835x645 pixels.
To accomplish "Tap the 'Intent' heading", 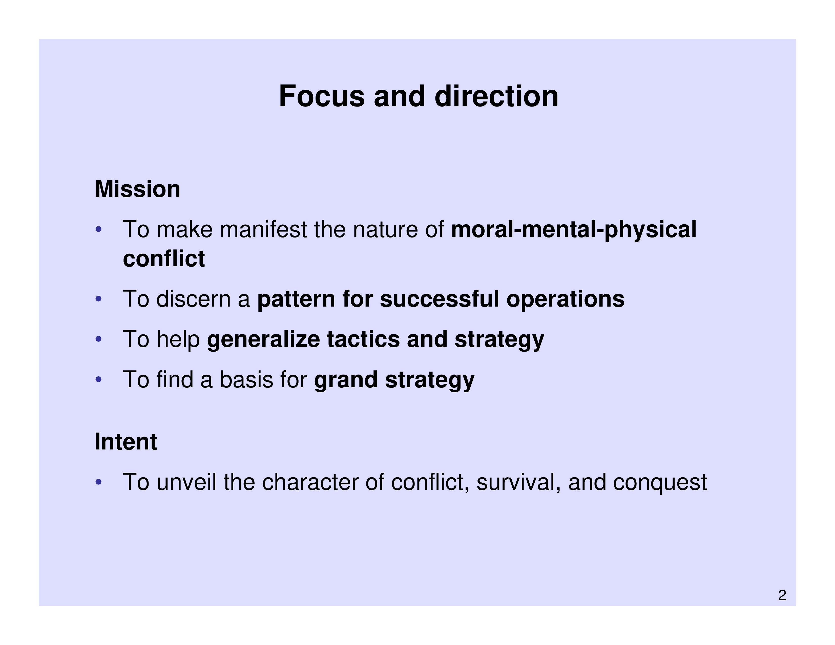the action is pyautogui.click(x=126, y=442).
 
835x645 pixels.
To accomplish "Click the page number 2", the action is pyautogui.click(x=782, y=595).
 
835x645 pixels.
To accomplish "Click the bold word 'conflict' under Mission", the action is pyautogui.click(x=164, y=259).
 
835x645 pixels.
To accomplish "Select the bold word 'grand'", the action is pyautogui.click(x=346, y=380).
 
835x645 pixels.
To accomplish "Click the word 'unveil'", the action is pyautogui.click(x=186, y=482).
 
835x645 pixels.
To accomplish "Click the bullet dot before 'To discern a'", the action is pyautogui.click(x=99, y=299).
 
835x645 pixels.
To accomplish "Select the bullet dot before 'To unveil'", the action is pyautogui.click(x=99, y=482).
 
